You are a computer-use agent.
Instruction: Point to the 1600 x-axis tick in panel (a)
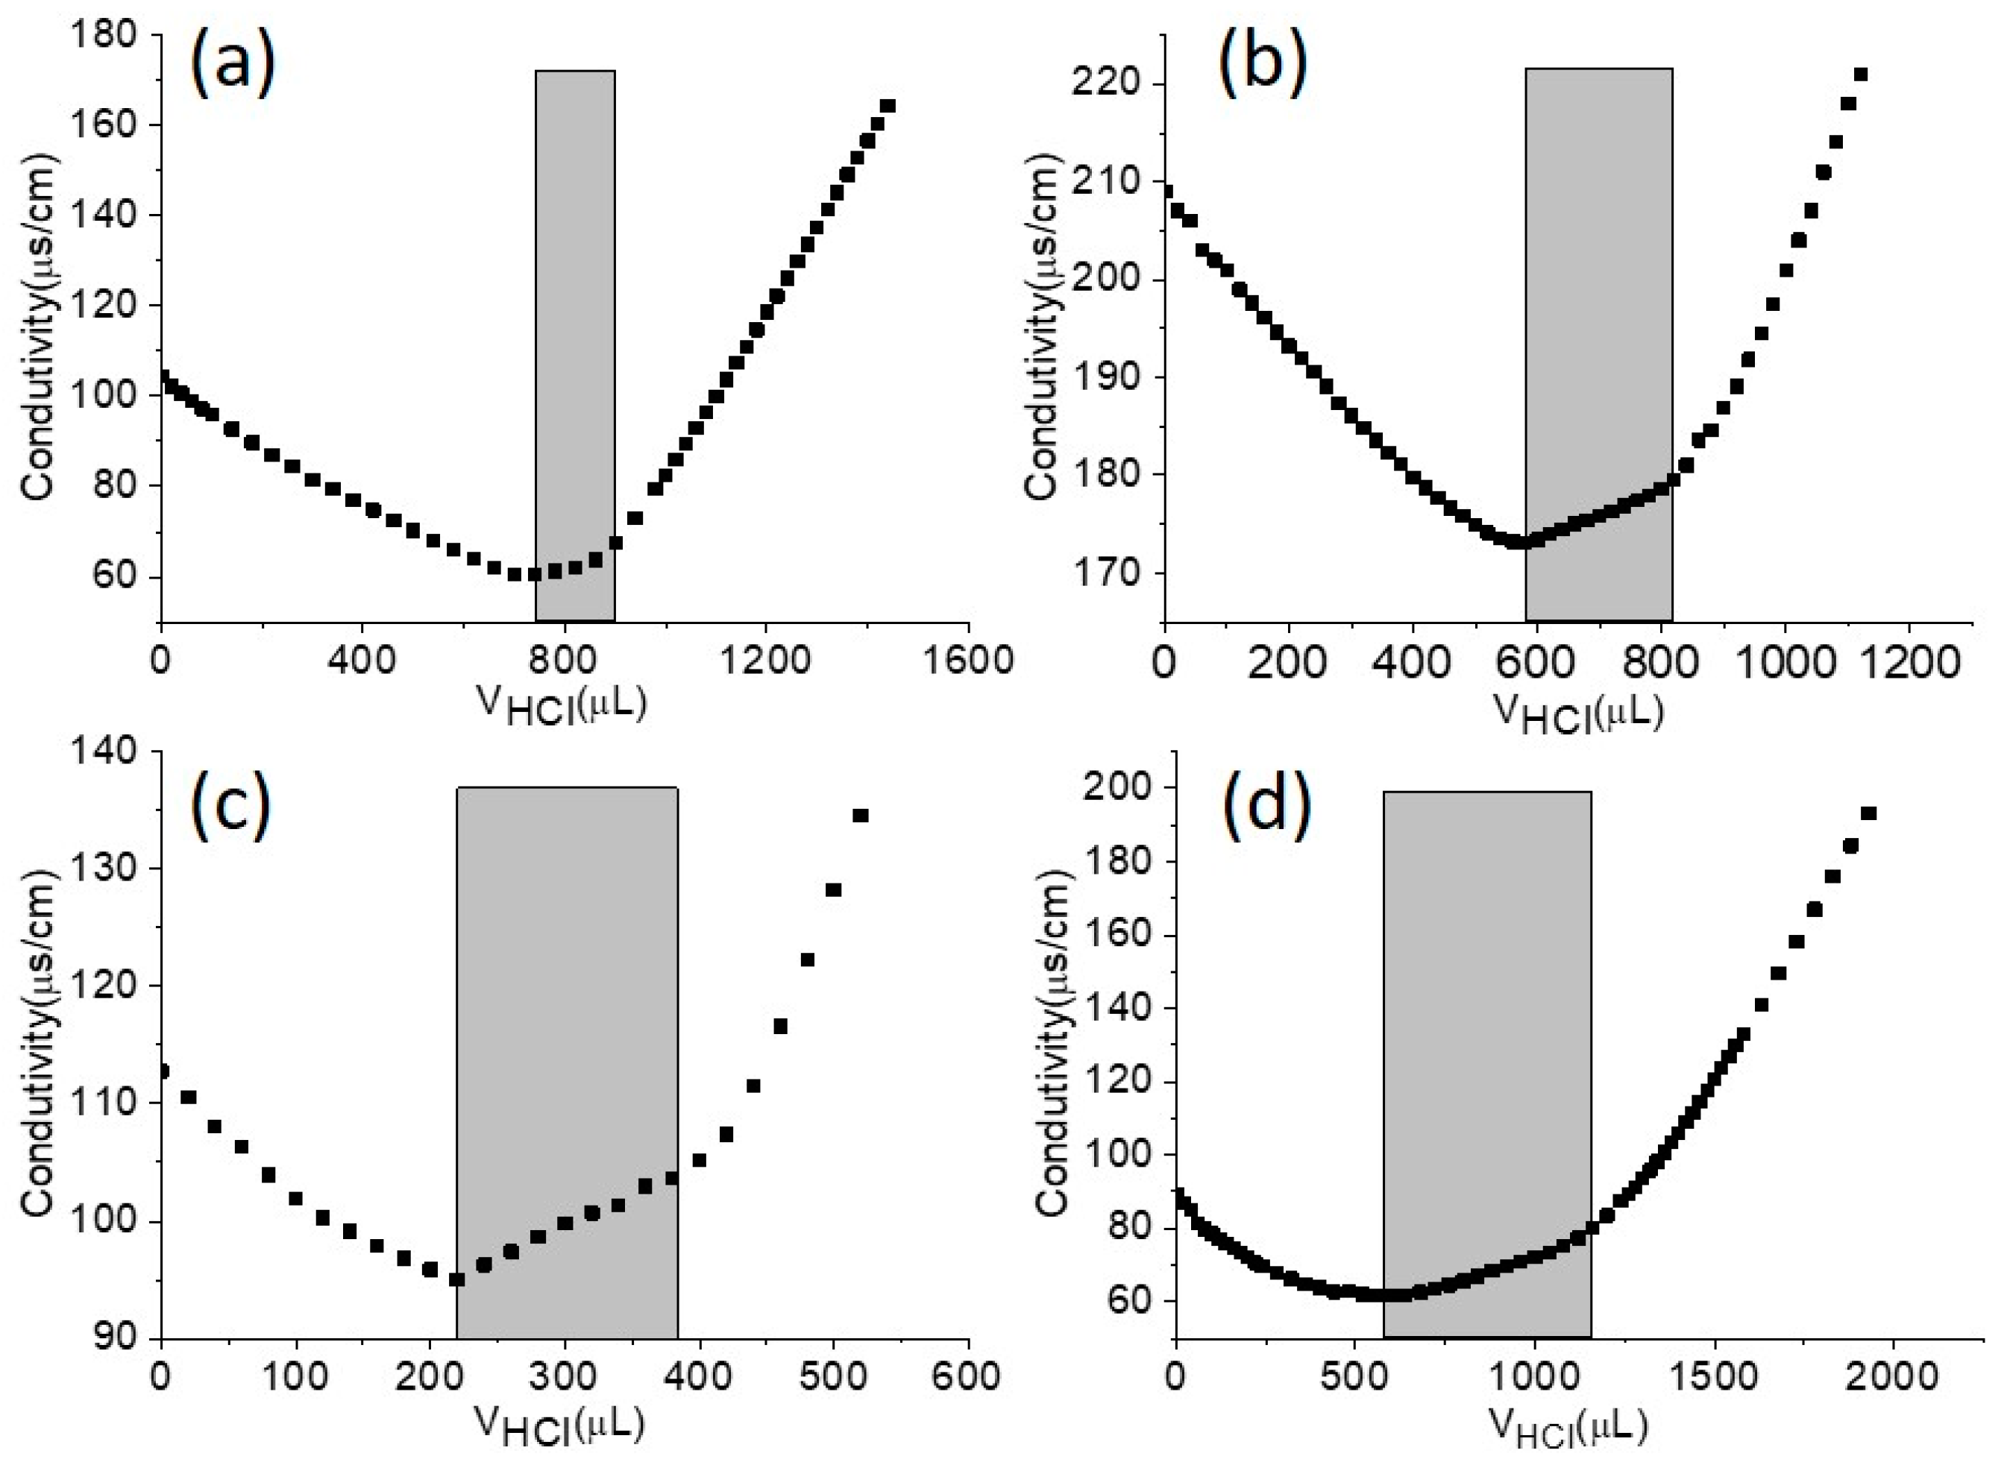tap(967, 661)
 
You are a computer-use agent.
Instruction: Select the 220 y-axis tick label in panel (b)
tap(1112, 85)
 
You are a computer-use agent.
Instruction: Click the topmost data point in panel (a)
tap(888, 107)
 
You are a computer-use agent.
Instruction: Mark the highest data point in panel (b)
tap(1861, 75)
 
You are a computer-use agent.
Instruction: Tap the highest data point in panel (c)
tap(860, 816)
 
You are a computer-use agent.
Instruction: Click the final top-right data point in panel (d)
tap(1868, 813)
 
